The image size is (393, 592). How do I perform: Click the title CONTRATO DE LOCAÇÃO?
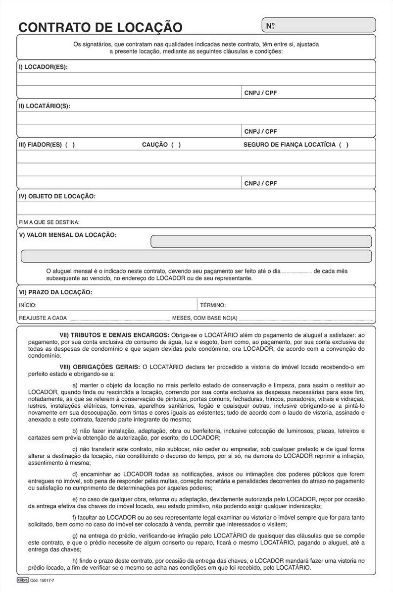100,27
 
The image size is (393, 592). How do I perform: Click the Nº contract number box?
319,25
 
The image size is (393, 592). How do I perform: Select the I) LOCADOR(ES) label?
43,67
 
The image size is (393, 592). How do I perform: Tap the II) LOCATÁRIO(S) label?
44,106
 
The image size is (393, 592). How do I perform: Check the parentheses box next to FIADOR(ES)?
70,145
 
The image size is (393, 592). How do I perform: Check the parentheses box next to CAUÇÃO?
176,145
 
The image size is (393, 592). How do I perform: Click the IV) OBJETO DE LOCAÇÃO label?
57,196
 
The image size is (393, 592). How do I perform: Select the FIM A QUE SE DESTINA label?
49,222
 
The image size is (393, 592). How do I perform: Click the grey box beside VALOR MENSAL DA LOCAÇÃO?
261,241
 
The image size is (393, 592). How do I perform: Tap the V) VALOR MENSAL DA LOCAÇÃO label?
68,235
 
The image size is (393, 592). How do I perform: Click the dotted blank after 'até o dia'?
297,271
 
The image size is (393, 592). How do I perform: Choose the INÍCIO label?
27,305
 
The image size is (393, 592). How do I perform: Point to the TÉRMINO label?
213,305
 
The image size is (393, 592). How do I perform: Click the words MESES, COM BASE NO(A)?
204,318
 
